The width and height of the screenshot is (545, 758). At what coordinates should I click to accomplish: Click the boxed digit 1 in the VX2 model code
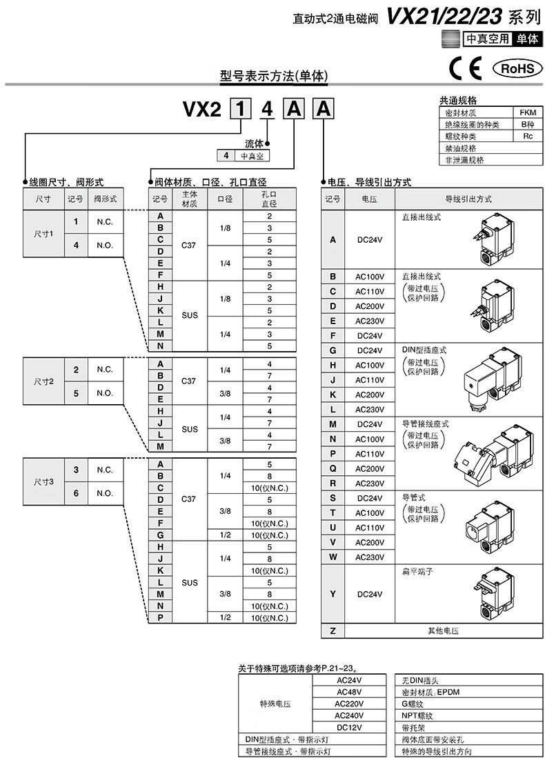tap(240, 110)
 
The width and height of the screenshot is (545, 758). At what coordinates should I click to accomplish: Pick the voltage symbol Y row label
tap(333, 593)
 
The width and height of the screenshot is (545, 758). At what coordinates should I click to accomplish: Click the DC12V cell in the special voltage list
tap(350, 727)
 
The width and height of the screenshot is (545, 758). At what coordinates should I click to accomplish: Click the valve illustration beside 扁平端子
tap(497, 592)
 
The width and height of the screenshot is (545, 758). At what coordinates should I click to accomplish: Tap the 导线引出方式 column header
tap(468, 199)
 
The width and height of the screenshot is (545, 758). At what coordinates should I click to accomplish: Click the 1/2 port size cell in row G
tap(225, 535)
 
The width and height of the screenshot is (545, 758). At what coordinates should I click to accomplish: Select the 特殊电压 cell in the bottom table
tap(275, 704)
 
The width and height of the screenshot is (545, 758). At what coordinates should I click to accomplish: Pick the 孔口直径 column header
tap(270, 199)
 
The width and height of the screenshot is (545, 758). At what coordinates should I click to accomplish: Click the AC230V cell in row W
tap(369, 557)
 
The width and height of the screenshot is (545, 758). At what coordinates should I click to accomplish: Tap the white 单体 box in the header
tap(526, 39)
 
